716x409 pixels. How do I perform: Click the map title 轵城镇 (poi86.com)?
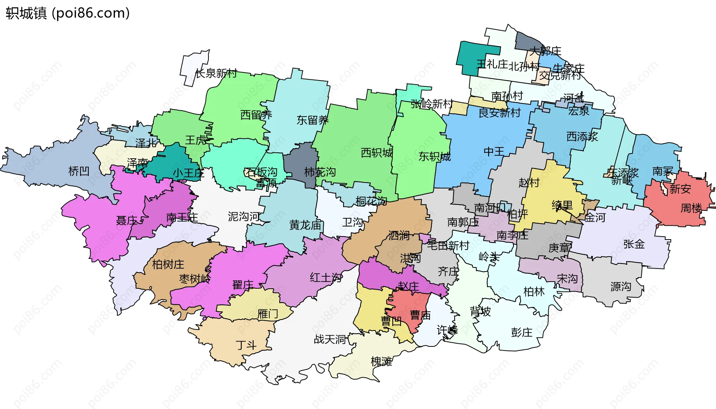coord(67,13)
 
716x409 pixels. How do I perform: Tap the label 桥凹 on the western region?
coord(79,171)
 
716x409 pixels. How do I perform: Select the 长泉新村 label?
coord(216,73)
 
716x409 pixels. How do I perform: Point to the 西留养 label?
coord(256,115)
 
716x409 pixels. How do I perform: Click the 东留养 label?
coord(312,120)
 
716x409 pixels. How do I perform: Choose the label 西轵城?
coord(376,153)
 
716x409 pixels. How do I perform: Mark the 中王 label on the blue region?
coord(494,152)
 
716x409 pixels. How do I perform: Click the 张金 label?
coord(634,244)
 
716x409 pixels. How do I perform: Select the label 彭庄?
coord(521,332)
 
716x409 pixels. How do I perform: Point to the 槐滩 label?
coord(381,361)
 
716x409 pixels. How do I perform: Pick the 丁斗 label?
coord(246,345)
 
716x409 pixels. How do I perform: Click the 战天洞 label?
coord(330,339)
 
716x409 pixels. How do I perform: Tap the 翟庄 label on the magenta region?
coord(243,285)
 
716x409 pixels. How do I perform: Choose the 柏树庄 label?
coord(168,264)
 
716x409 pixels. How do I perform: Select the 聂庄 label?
coord(127,221)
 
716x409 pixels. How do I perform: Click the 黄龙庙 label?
coord(305,225)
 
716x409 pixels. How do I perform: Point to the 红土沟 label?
coord(326,278)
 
